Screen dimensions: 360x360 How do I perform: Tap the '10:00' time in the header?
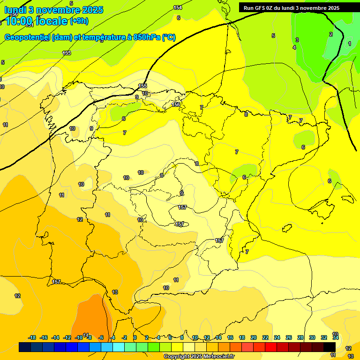tap(20, 21)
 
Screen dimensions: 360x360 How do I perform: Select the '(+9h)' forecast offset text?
tap(79, 21)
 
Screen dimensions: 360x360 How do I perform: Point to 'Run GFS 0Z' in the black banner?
tap(260, 8)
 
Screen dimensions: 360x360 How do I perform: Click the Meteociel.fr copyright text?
tap(199, 357)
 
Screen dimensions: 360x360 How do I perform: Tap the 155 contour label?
tap(142, 86)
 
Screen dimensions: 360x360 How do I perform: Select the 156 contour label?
tap(176, 105)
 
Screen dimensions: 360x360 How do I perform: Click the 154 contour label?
tap(178, 7)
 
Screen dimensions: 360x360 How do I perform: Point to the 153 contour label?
tap(67, 53)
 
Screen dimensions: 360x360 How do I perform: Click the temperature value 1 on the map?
tap(349, 44)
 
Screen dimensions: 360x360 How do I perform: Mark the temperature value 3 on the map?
tap(297, 40)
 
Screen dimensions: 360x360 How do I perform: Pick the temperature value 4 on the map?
tap(294, 47)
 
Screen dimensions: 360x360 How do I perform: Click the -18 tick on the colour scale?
tap(32, 337)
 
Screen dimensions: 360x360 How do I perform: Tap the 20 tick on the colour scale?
tap(254, 337)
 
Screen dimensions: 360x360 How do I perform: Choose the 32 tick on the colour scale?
tap(324, 337)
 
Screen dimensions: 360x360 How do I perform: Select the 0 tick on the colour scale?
tap(135, 337)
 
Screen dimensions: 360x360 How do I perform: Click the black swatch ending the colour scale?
tap(330, 347)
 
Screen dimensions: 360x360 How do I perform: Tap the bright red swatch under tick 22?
tap(271, 347)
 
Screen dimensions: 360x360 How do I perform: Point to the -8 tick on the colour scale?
tap(89, 337)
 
